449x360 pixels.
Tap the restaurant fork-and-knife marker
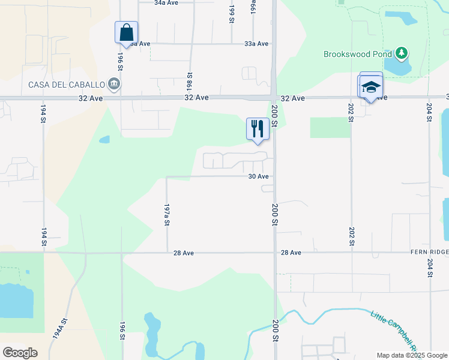tap(257, 129)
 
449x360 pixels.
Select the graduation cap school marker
tap(370, 88)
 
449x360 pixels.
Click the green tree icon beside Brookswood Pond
tap(401, 54)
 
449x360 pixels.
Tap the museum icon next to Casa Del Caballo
tap(113, 84)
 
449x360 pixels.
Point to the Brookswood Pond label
tap(357, 54)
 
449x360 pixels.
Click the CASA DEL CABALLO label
tap(66, 84)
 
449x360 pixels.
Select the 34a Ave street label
tap(166, 3)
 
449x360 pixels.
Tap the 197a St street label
tap(167, 214)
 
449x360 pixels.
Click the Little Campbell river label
tap(393, 329)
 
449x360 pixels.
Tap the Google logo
tap(20, 353)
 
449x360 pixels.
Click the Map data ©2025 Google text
tap(412, 355)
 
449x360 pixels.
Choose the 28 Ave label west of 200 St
tap(183, 253)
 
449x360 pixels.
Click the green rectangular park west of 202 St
tap(330, 127)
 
